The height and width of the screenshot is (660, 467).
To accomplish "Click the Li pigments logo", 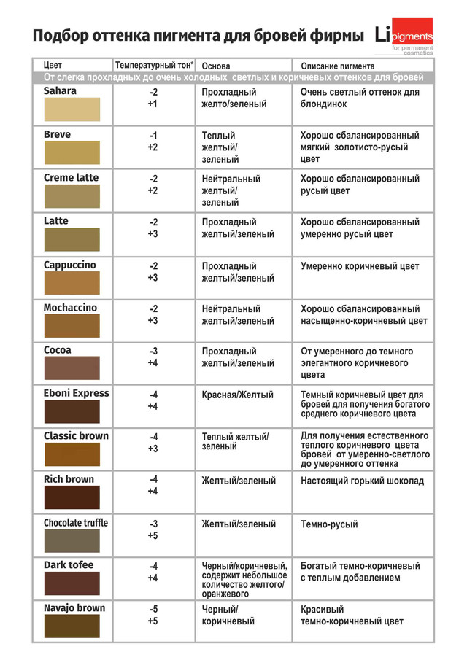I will [x=404, y=35].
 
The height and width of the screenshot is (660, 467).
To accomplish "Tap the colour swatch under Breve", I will [x=71, y=153].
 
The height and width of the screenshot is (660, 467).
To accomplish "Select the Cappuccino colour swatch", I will [x=71, y=283].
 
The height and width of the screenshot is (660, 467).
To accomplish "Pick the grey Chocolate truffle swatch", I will [x=71, y=541].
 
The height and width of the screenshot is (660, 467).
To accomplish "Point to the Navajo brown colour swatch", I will [x=71, y=626].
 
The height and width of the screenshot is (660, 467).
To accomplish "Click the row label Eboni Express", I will [x=76, y=393].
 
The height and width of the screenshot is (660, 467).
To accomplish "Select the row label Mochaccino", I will [x=70, y=308].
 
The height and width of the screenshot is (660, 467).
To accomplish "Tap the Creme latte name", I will [x=71, y=178].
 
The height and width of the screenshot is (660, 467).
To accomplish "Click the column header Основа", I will [x=216, y=66].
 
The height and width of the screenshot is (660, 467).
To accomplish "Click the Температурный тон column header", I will [x=154, y=65].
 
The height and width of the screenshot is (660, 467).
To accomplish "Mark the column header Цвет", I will [x=53, y=66].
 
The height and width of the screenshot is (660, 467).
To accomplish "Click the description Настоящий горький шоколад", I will [x=362, y=481].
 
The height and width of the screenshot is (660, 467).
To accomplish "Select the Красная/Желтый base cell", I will [x=238, y=395].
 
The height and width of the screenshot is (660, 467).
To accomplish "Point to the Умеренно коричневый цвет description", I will [x=360, y=267].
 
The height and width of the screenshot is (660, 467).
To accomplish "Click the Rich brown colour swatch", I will [x=71, y=497].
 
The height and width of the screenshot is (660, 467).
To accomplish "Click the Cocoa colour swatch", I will [x=71, y=368].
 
